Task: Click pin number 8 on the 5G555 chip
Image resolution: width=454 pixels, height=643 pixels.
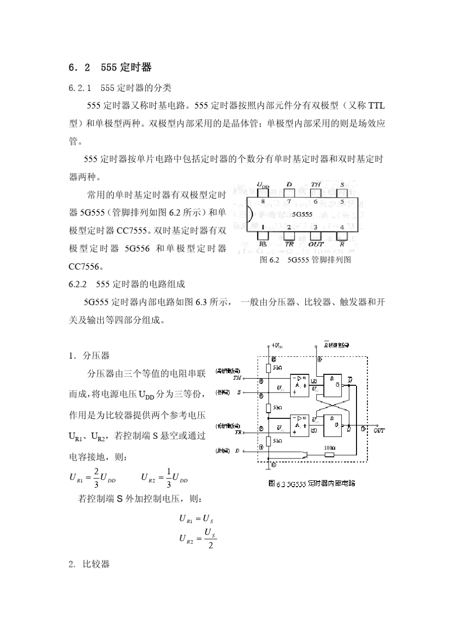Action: pos(262,202)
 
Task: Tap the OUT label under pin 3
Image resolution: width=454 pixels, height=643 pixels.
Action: pos(315,244)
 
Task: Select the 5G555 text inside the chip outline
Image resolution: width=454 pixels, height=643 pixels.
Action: pos(302,215)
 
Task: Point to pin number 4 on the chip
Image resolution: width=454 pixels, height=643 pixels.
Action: pos(342,227)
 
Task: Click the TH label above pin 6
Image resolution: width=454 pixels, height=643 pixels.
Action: pos(316,185)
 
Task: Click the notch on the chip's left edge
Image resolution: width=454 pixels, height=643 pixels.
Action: pos(249,215)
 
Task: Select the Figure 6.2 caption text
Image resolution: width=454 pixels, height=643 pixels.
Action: pos(305,260)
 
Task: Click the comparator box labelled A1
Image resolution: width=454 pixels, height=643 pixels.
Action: pos(299,385)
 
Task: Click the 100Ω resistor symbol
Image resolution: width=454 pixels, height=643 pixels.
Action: pos(329,454)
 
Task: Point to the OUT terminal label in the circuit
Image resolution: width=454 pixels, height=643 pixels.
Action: pos(378,431)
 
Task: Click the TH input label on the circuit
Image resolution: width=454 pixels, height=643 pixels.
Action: pos(237,378)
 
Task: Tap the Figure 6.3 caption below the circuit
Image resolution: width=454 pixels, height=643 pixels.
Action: pos(312,483)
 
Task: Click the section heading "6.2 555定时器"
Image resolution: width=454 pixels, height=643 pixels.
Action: pos(110,67)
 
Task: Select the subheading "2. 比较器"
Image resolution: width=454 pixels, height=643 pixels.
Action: pos(89,564)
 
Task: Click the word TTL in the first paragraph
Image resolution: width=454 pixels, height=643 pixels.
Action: pos(377,106)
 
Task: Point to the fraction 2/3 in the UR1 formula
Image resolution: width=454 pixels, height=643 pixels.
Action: pos(96,478)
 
